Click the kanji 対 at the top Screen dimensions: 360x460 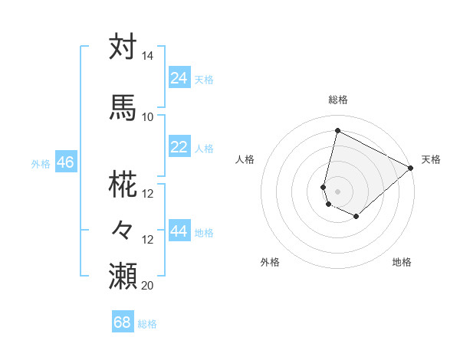123,47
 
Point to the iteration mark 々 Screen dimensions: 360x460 123,229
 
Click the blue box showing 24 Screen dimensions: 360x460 179,78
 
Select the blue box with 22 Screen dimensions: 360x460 179,147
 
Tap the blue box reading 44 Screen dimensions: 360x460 179,231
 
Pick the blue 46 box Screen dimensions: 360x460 65,162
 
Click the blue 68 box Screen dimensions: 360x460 123,322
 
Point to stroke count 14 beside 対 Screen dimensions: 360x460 148,56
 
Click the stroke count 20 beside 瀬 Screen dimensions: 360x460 148,285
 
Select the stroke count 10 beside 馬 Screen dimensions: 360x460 148,116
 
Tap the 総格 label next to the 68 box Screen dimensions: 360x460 147,324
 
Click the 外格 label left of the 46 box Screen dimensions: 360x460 41,163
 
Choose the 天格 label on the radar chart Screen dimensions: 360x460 431,159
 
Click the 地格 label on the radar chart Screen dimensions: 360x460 402,262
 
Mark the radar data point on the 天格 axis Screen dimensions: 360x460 411,168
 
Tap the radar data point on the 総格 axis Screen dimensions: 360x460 337,129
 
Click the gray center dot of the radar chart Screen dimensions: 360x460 337,191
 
